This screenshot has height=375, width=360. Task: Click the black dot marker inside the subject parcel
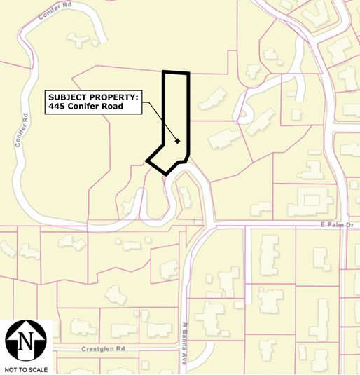tap(178, 142)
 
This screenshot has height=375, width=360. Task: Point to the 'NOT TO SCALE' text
tap(26, 369)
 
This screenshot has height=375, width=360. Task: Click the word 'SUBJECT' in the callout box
tap(68, 97)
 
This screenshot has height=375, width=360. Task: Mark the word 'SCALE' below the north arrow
tap(37, 369)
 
